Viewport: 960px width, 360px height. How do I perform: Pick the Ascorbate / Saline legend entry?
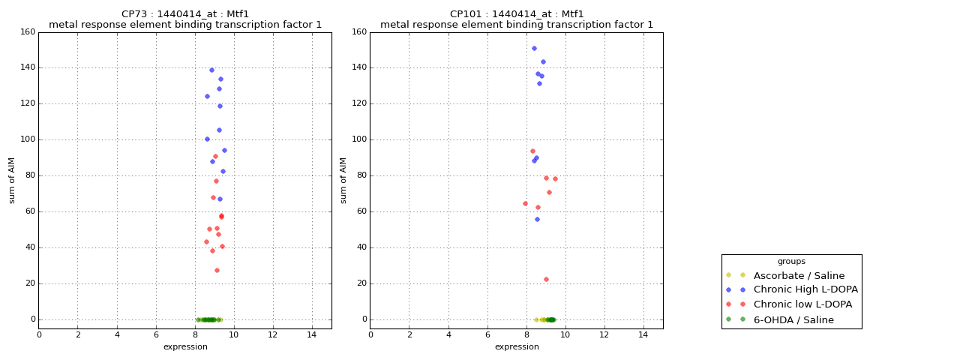tap(799, 275)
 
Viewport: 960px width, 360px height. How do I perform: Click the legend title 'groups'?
tap(791, 261)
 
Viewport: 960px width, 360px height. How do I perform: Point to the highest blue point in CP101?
tap(534, 48)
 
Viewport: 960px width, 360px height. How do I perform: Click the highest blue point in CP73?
tap(211, 70)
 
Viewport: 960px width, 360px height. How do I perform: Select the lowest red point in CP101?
tap(546, 279)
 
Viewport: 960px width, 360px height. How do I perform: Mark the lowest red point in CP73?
tap(217, 270)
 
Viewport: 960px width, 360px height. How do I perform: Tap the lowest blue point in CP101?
tap(537, 219)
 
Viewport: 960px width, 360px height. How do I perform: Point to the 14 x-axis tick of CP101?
tap(643, 334)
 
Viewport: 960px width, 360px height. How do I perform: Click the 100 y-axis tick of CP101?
tap(358, 139)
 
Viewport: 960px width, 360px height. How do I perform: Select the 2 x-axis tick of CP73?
tap(78, 334)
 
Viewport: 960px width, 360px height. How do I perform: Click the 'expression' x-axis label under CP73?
tap(185, 346)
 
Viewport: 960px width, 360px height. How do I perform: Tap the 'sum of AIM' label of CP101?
tap(343, 180)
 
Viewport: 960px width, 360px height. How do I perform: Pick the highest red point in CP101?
tap(532, 151)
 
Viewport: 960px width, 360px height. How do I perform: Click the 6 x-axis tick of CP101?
tap(487, 334)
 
